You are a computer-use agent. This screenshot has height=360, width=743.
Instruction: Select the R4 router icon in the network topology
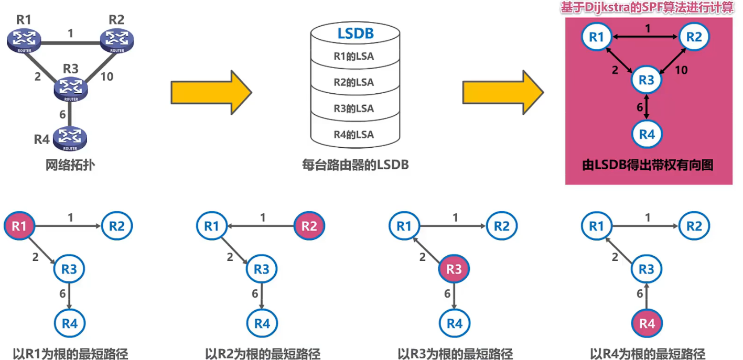[69, 138]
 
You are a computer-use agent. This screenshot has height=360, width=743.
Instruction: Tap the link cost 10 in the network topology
[106, 77]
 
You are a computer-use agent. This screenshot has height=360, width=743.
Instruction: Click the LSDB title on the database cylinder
[355, 34]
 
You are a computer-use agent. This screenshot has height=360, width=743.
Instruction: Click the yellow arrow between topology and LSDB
[211, 93]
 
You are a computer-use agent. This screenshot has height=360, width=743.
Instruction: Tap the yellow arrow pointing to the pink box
[502, 93]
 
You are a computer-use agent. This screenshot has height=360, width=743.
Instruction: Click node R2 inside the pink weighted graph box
[694, 37]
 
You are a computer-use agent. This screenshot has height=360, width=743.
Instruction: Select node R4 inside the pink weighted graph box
[647, 135]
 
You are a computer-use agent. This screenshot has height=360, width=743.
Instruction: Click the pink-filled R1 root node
[19, 226]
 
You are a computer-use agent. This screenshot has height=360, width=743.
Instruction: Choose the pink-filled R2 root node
[310, 226]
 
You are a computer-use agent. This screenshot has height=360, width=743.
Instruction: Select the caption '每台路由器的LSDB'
[355, 165]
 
